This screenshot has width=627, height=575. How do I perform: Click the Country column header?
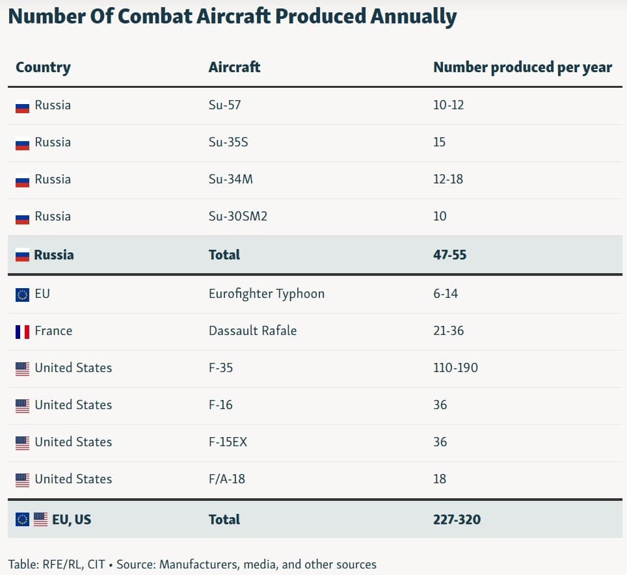(x=43, y=67)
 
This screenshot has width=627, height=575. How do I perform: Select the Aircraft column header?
(x=234, y=67)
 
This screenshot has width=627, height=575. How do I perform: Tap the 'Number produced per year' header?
(x=522, y=67)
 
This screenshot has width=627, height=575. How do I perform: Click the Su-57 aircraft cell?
(x=224, y=105)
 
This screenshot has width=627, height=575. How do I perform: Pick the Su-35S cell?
(x=228, y=142)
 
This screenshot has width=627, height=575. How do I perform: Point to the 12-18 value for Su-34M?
(x=448, y=179)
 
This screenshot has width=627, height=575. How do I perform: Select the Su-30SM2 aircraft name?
(x=237, y=216)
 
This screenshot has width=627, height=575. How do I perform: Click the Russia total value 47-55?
(x=449, y=254)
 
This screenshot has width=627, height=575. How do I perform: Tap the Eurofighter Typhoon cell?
(x=266, y=293)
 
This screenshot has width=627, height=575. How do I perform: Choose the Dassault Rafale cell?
(x=252, y=330)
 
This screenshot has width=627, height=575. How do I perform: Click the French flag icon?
(x=22, y=332)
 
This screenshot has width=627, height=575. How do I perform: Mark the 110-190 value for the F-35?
(x=455, y=368)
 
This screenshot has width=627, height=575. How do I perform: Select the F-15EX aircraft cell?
(x=228, y=442)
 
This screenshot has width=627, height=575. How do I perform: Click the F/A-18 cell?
(x=226, y=479)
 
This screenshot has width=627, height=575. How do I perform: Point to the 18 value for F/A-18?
(x=440, y=479)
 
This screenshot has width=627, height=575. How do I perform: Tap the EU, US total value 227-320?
(x=457, y=519)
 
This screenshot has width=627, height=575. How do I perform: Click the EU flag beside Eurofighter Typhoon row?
(x=22, y=295)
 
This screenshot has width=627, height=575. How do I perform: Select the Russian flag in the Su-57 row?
(x=22, y=106)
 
